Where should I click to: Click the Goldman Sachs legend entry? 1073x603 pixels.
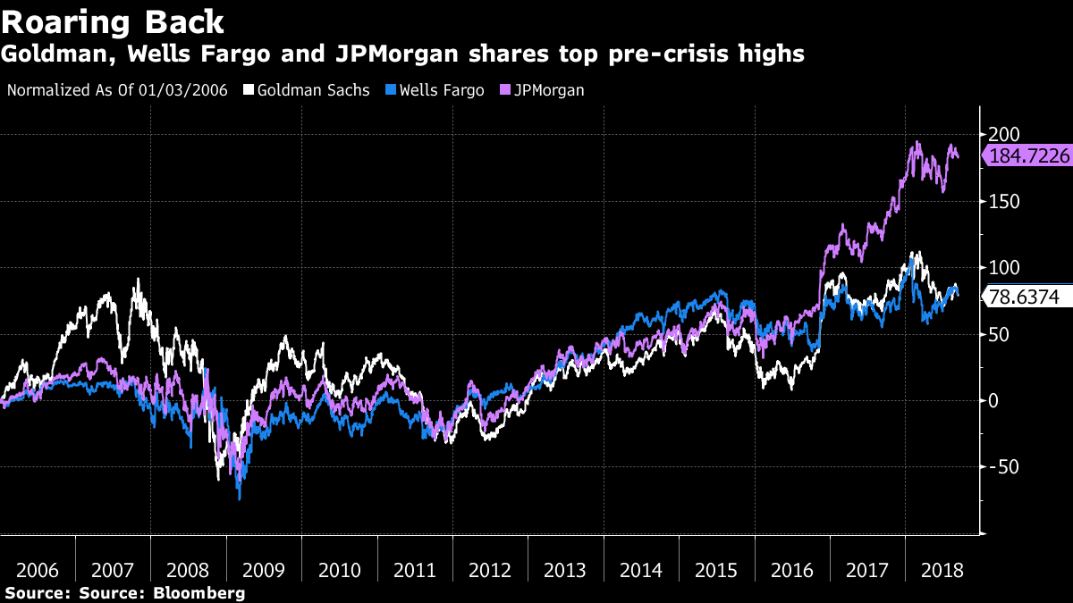(x=307, y=90)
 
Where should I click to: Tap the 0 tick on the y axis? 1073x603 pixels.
(x=993, y=400)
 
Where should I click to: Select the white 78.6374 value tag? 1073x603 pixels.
(x=1027, y=297)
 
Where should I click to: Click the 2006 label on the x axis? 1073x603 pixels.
(x=38, y=571)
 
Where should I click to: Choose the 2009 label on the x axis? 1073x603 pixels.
(x=264, y=571)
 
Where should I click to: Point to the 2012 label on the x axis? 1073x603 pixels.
(x=490, y=571)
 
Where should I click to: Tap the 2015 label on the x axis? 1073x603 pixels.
(x=716, y=571)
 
